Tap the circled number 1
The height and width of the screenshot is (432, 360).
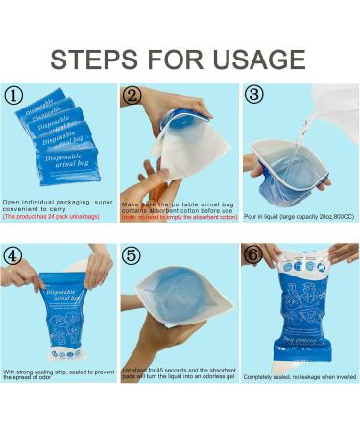[x=14, y=95]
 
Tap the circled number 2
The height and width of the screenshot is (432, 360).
[x=132, y=95]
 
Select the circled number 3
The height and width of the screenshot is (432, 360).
[x=252, y=95]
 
